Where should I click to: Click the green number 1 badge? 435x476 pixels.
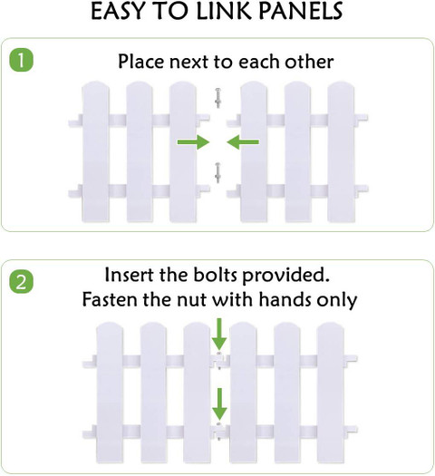[x=21, y=61]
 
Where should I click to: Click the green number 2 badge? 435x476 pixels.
[x=21, y=282]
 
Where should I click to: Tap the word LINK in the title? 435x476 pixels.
[x=225, y=11]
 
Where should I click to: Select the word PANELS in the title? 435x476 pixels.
[x=301, y=11]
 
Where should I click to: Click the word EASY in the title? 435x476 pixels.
[x=118, y=11]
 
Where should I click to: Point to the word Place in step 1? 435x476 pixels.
[x=141, y=62]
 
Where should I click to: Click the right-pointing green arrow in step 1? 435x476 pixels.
[x=194, y=141]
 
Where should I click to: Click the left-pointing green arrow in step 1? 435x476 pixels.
[x=243, y=141]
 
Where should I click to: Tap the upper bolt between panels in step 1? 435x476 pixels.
[x=217, y=98]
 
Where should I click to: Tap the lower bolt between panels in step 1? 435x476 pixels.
[x=217, y=173]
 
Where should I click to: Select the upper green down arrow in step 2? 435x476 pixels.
[x=219, y=335]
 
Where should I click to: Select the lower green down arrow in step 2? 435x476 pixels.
[x=219, y=404]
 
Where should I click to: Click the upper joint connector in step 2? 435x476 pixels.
[x=219, y=361]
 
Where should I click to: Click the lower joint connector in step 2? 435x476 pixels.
[x=219, y=431]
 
